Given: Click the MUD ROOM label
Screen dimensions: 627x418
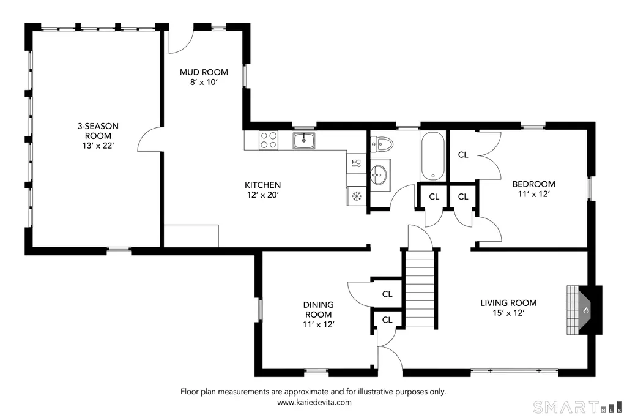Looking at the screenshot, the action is tap(204, 72).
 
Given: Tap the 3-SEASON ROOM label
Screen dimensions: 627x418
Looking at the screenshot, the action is tap(98, 131).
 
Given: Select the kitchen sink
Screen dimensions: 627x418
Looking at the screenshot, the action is tap(304, 141).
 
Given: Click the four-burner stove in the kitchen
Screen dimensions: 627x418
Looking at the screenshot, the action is tap(269, 140).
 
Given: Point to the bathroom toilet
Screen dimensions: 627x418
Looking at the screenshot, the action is tap(382, 144).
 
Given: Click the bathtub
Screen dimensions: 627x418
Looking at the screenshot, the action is tap(432, 156).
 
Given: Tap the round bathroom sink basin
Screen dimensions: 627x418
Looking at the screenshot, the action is tap(378, 174).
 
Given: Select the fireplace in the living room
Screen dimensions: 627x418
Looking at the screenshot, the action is tap(584, 310).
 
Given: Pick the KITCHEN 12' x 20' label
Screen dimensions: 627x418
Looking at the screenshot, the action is tap(262, 190).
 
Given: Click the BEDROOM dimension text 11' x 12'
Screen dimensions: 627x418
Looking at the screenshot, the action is tap(534, 194).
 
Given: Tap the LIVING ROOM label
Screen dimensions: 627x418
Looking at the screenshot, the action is tap(509, 303).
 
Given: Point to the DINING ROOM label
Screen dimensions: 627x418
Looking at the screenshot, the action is tap(318, 310).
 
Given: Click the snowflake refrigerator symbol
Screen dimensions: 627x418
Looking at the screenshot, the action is tap(356, 196).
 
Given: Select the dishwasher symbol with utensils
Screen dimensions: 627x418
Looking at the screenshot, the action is tap(356, 163).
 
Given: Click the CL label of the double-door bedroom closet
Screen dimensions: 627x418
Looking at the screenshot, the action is tap(463, 155).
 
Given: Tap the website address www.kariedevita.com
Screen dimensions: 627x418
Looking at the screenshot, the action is tap(314, 403).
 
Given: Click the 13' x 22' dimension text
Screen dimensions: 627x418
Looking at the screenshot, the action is tap(98, 146).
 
